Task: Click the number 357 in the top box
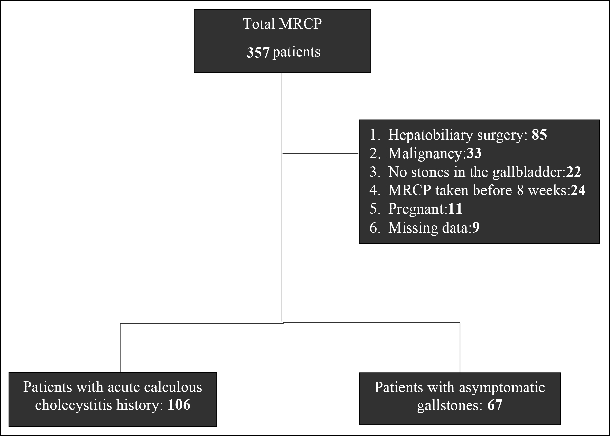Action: pos(258,53)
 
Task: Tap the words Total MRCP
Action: pos(282,24)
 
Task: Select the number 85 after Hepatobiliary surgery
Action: pos(539,135)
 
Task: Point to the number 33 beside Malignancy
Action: pos(474,153)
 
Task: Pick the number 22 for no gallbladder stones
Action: pos(574,172)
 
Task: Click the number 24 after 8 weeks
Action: pos(578,190)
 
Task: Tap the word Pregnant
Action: pos(417,209)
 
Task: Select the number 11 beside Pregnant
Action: pos(455,209)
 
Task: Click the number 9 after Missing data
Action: pos(476,227)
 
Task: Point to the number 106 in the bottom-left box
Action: pos(179,405)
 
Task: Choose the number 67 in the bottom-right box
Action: pos(495,405)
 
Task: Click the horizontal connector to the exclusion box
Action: pos(321,154)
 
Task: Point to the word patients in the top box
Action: pos(296,53)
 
